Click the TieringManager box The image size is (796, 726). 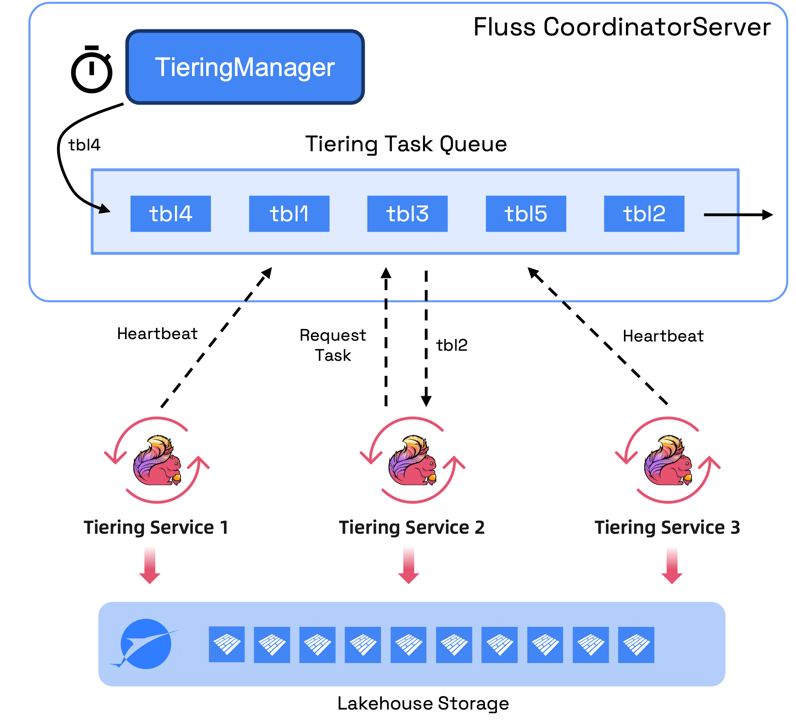(x=245, y=67)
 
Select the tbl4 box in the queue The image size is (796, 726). (x=170, y=214)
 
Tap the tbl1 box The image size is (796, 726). (x=289, y=214)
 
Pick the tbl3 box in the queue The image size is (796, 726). (x=407, y=214)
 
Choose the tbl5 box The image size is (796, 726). (x=526, y=214)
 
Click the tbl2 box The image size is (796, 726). (x=644, y=214)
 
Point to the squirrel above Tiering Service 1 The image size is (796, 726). (x=157, y=461)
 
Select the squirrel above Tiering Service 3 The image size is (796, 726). (x=668, y=461)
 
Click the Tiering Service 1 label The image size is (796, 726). (x=156, y=527)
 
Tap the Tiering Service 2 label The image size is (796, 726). (x=412, y=527)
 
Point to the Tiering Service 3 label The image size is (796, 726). (x=667, y=527)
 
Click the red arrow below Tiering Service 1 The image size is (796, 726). (x=150, y=565)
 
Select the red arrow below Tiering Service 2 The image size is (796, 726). (x=409, y=565)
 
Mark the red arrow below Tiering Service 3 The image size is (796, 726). (x=672, y=565)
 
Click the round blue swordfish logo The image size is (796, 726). (x=146, y=644)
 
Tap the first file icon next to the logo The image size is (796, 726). (x=227, y=644)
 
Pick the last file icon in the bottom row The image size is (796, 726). (x=636, y=644)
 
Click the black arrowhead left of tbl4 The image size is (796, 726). (x=104, y=209)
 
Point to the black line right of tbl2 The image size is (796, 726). (x=722, y=215)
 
